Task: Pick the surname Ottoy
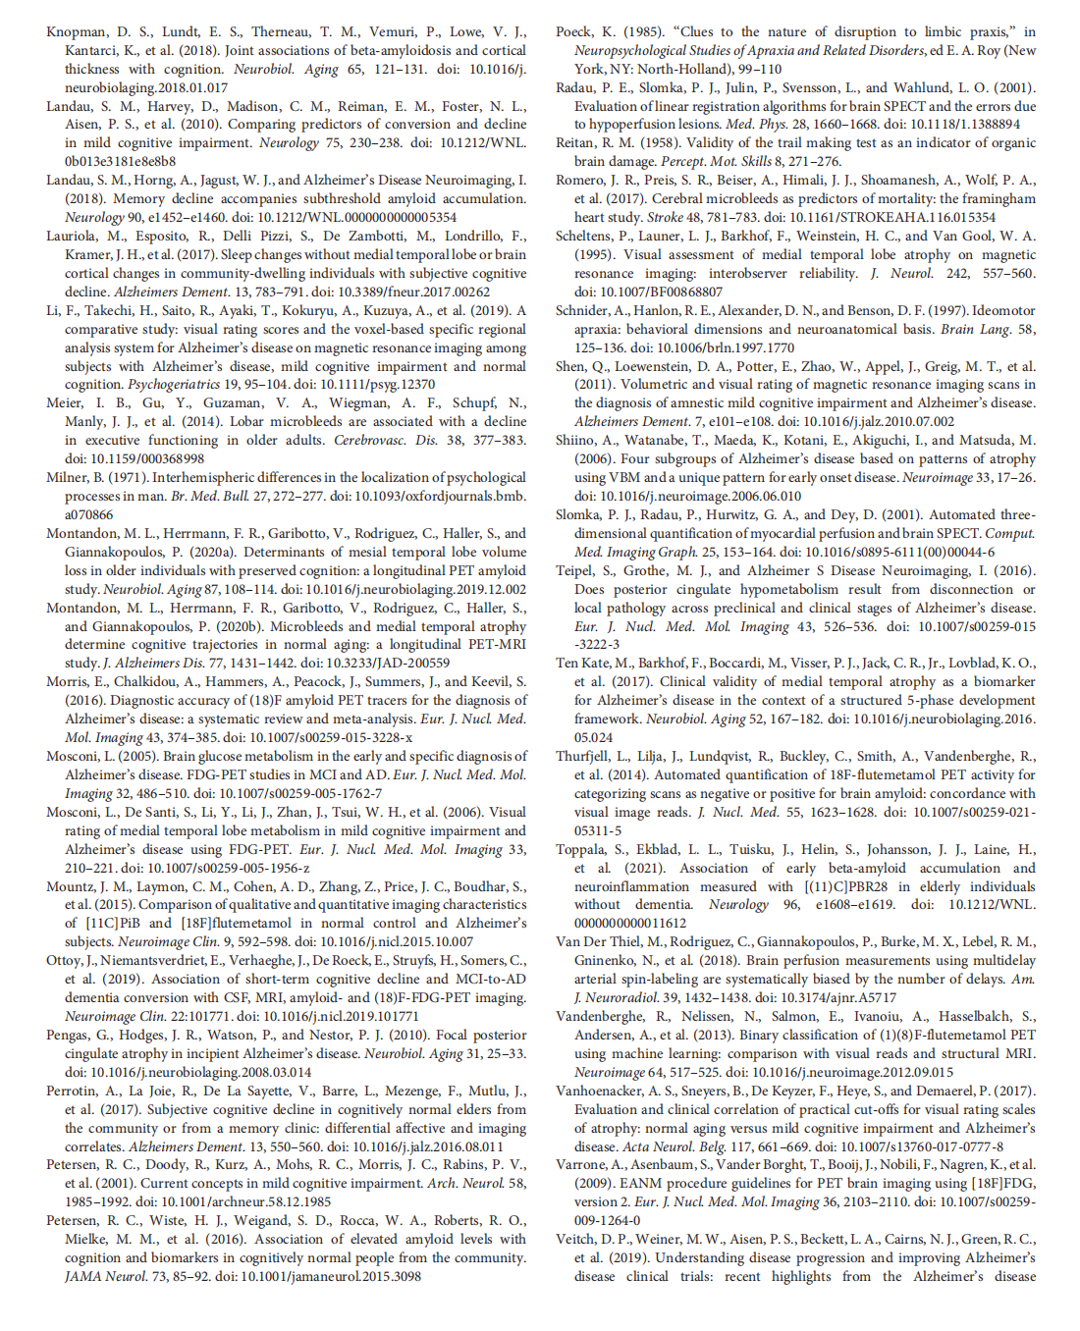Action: tap(66, 961)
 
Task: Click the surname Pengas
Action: tap(71, 1035)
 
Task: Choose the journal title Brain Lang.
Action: tap(982, 329)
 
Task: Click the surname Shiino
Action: tap(579, 440)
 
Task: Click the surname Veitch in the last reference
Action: tap(578, 1239)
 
